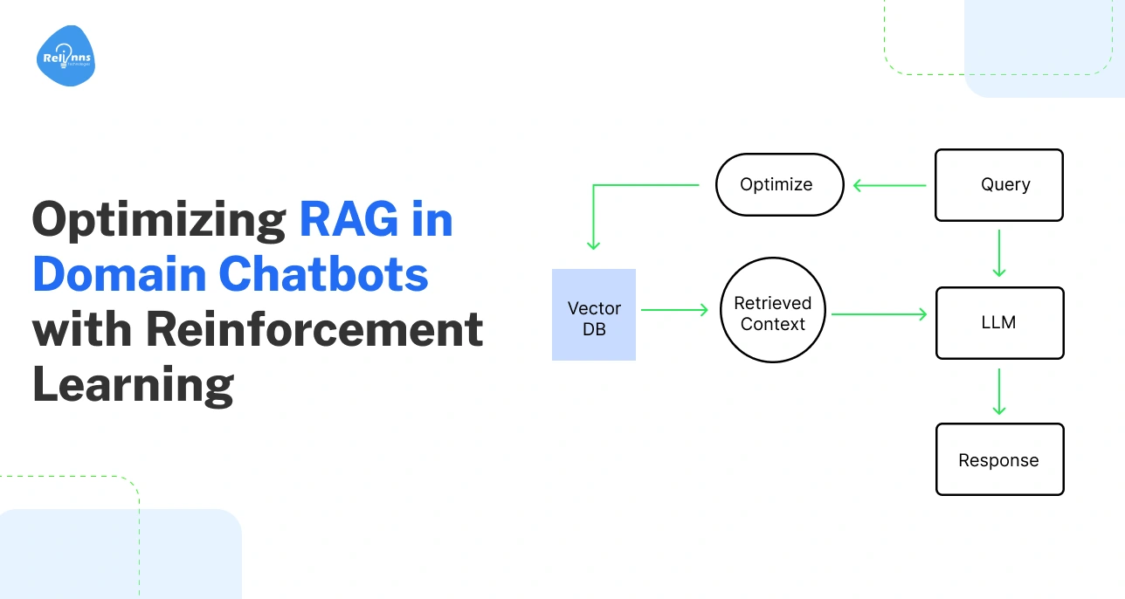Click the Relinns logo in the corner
pos(66,57)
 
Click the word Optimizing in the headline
pos(159,220)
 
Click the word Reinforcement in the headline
pos(314,329)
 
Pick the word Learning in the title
pos(133,385)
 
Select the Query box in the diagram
pos(999,184)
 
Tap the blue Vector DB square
pos(594,315)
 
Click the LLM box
pos(999,322)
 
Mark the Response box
pos(999,459)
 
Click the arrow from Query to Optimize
pos(889,185)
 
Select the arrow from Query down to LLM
pos(999,253)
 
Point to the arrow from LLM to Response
pos(999,391)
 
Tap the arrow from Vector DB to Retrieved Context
pos(674,309)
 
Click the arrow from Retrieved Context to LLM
pos(879,313)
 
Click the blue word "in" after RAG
pos(432,218)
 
